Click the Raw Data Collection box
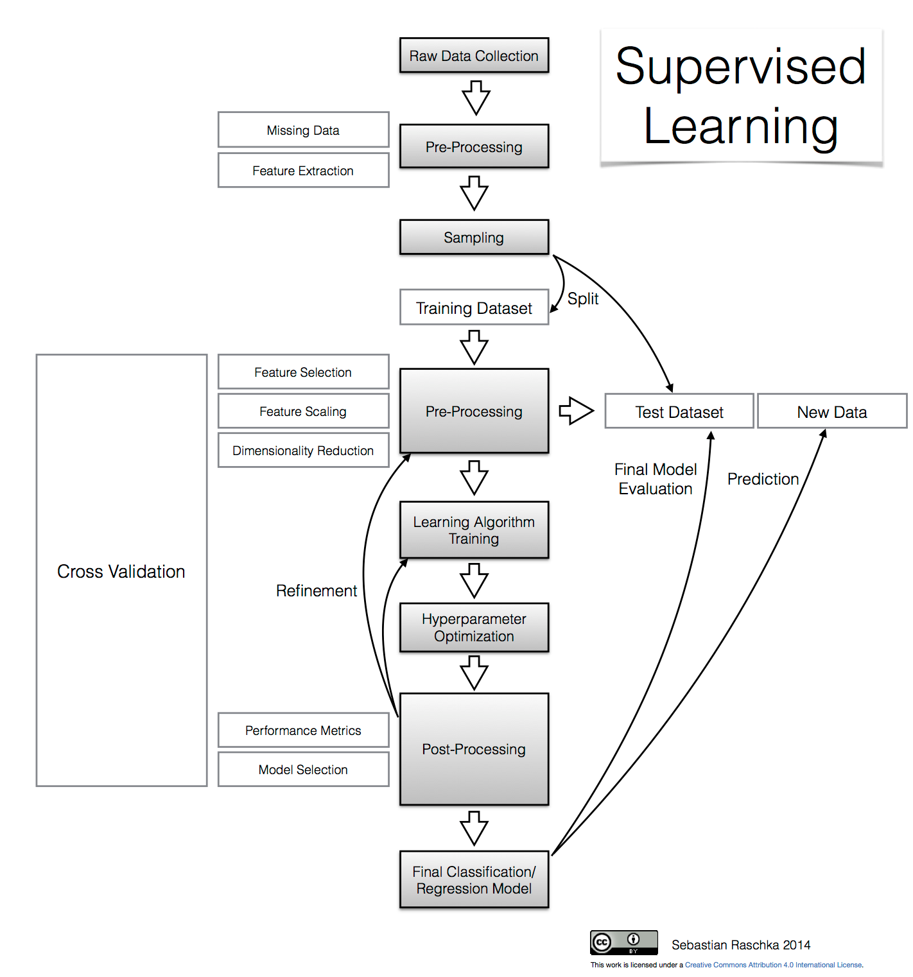(x=474, y=56)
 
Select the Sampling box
(x=474, y=238)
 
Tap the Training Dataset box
(x=474, y=308)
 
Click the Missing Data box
(x=303, y=130)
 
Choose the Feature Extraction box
(x=303, y=171)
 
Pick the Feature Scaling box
(x=303, y=411)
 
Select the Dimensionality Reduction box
(x=303, y=451)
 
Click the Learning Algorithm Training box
(x=474, y=530)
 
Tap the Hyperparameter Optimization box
(x=474, y=628)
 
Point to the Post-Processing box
(x=474, y=749)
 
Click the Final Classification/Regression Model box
(x=474, y=880)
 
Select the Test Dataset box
(x=679, y=412)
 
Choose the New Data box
(x=832, y=412)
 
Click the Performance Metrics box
(x=303, y=731)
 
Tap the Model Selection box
(x=303, y=770)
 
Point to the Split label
(x=583, y=299)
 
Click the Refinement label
(x=317, y=591)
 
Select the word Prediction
(x=763, y=480)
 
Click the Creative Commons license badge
(x=623, y=942)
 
